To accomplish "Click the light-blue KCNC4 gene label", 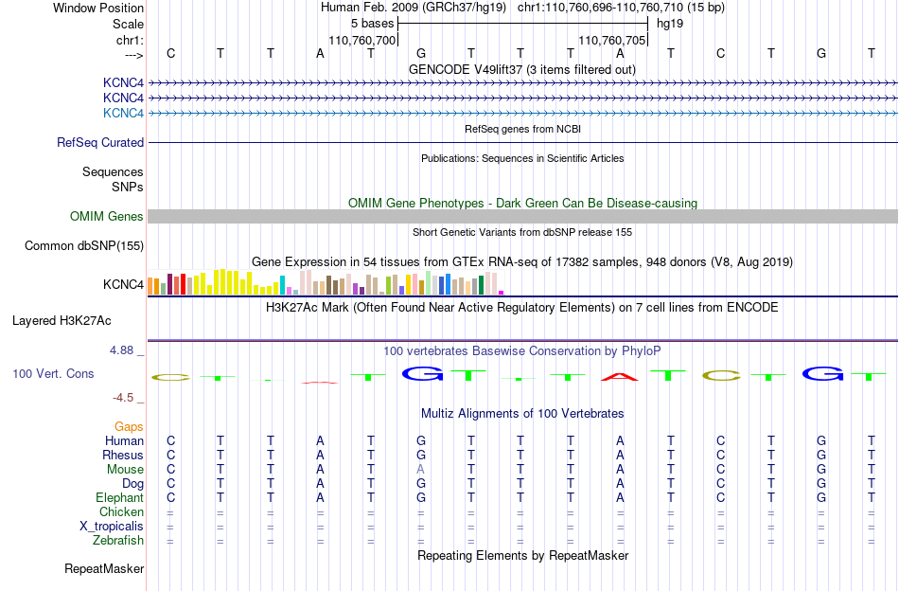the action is (x=123, y=113).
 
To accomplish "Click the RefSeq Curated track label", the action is (x=100, y=142).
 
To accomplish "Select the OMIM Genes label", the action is (x=107, y=216).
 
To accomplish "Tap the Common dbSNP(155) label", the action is (x=84, y=245).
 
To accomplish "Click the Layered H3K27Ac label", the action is (x=62, y=321).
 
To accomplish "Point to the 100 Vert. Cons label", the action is (x=53, y=373).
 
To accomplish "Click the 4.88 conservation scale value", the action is (x=121, y=350).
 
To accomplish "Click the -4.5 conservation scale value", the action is (x=123, y=398).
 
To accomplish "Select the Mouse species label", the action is (x=125, y=470).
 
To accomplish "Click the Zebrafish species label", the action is (x=118, y=541).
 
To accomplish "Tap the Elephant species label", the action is (x=120, y=497).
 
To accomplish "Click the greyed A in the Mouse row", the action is (x=421, y=470).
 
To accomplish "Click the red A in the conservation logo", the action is (x=620, y=377).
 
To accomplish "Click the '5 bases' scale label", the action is (x=373, y=24).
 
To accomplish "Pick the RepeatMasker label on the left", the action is (x=104, y=568).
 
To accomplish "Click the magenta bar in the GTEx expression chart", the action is (x=502, y=293).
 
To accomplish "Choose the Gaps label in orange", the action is (x=129, y=426).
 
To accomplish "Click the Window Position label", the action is (x=98, y=8).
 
